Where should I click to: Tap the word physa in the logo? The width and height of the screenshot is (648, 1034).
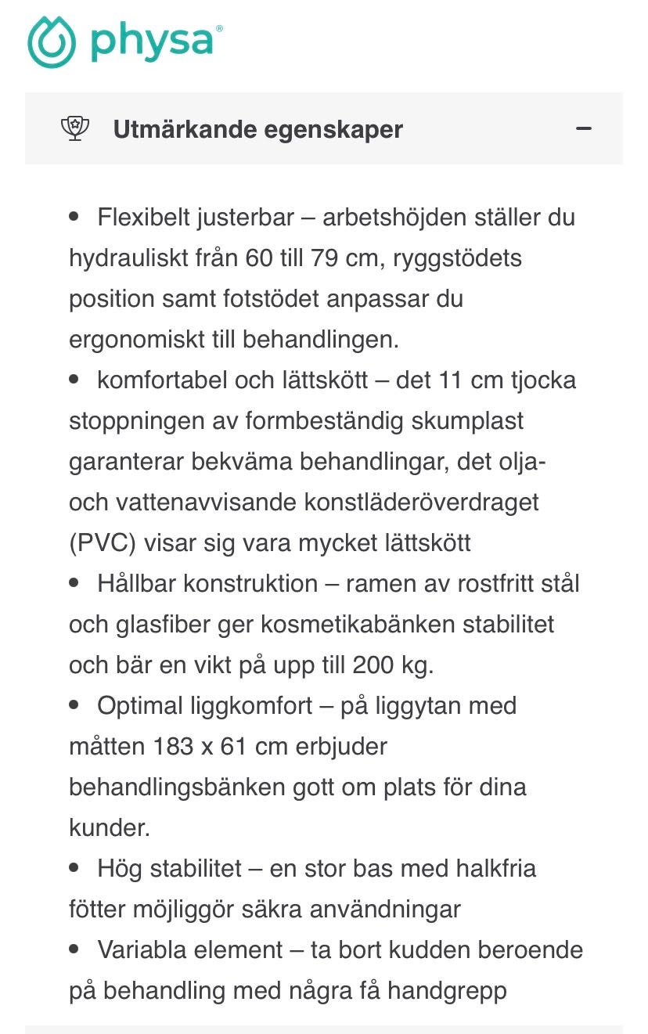point(152,41)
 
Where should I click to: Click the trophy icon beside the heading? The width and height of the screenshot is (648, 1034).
point(75,128)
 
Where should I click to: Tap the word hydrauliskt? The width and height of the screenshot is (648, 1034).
point(126,258)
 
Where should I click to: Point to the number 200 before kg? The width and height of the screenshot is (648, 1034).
point(374,665)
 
